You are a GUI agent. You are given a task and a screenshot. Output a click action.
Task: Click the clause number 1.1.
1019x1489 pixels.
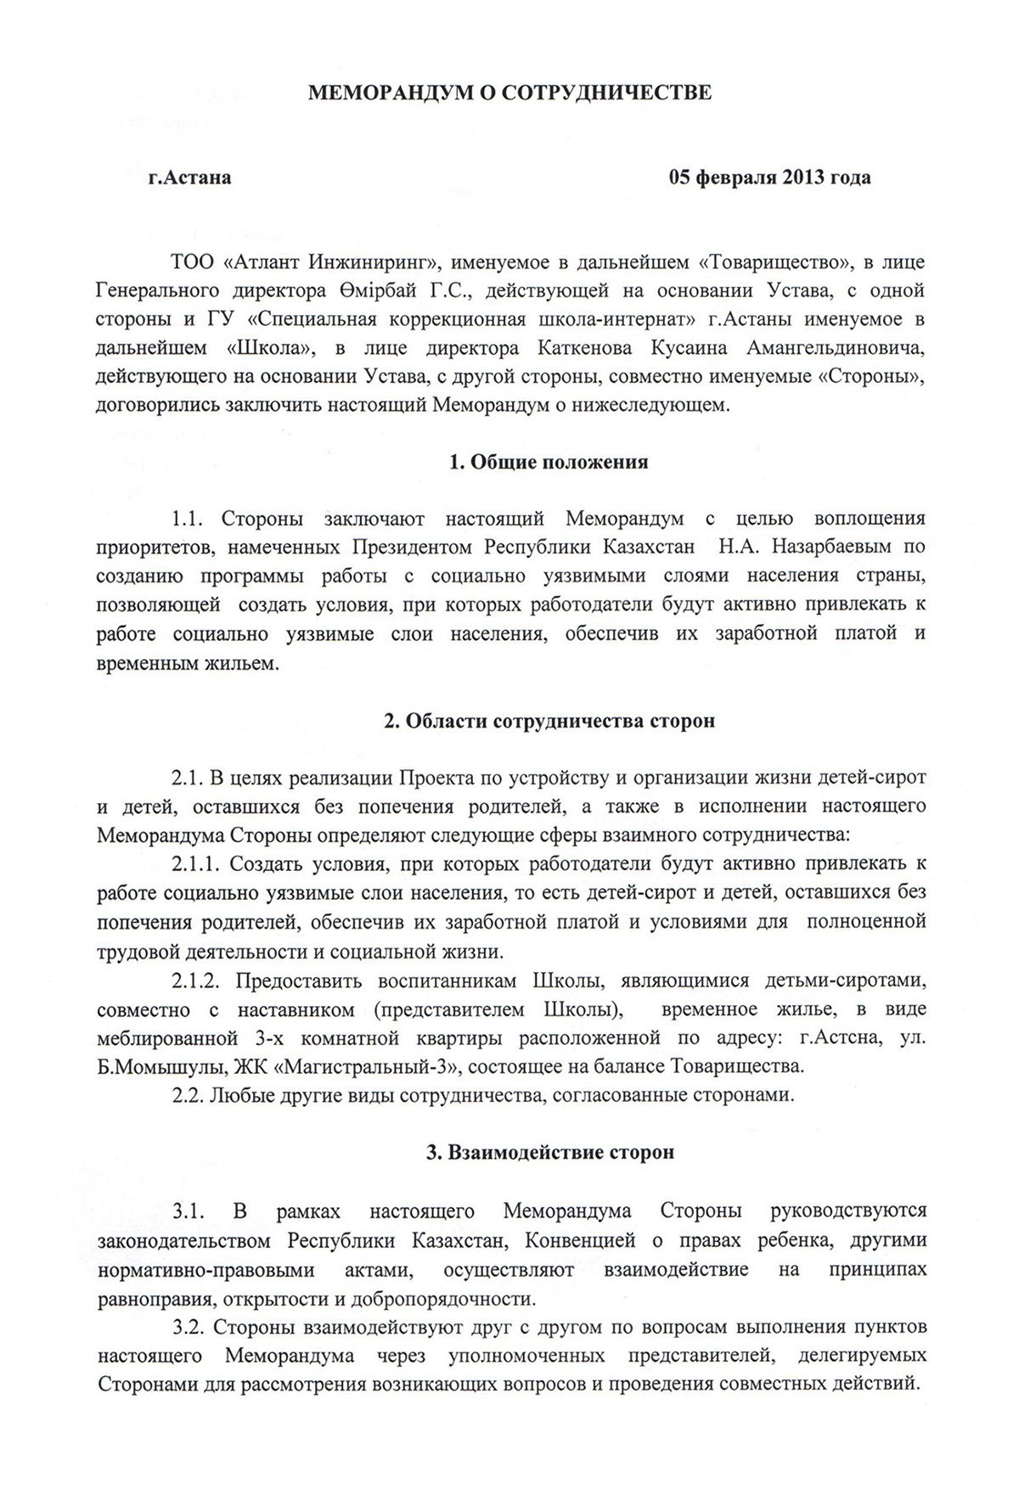coord(189,519)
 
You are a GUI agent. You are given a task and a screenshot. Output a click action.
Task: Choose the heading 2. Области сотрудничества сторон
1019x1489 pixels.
coord(548,721)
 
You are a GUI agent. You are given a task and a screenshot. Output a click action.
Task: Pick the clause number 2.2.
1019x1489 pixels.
coord(186,1095)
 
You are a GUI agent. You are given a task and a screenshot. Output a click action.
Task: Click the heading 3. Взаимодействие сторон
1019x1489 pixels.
coord(549,1153)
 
